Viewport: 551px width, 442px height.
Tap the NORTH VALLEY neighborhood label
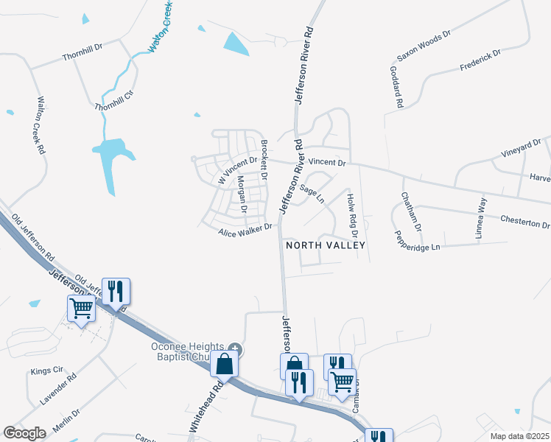pos(325,245)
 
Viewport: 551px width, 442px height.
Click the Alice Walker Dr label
pos(245,231)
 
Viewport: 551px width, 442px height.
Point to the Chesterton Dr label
pos(524,222)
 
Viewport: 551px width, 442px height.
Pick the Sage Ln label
pos(312,194)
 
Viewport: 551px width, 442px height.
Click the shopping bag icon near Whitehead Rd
pos(224,364)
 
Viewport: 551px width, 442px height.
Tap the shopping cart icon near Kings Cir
pos(81,309)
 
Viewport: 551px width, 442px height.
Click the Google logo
pos(24,433)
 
